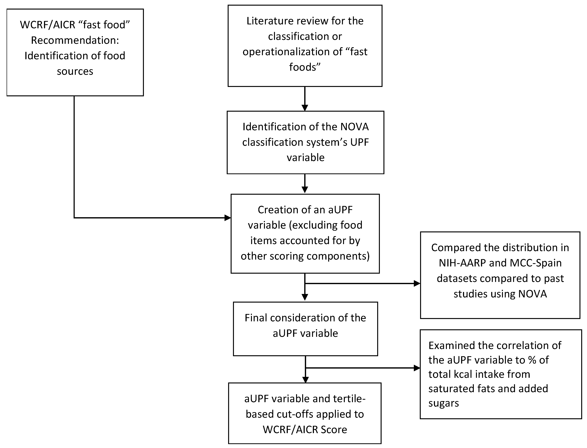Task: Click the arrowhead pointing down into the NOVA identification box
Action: [305, 107]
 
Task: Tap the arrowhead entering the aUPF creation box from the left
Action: [228, 218]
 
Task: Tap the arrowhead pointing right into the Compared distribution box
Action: [417, 283]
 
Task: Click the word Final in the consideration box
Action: [256, 318]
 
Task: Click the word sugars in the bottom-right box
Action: [443, 403]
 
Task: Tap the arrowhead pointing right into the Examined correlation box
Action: [417, 368]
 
